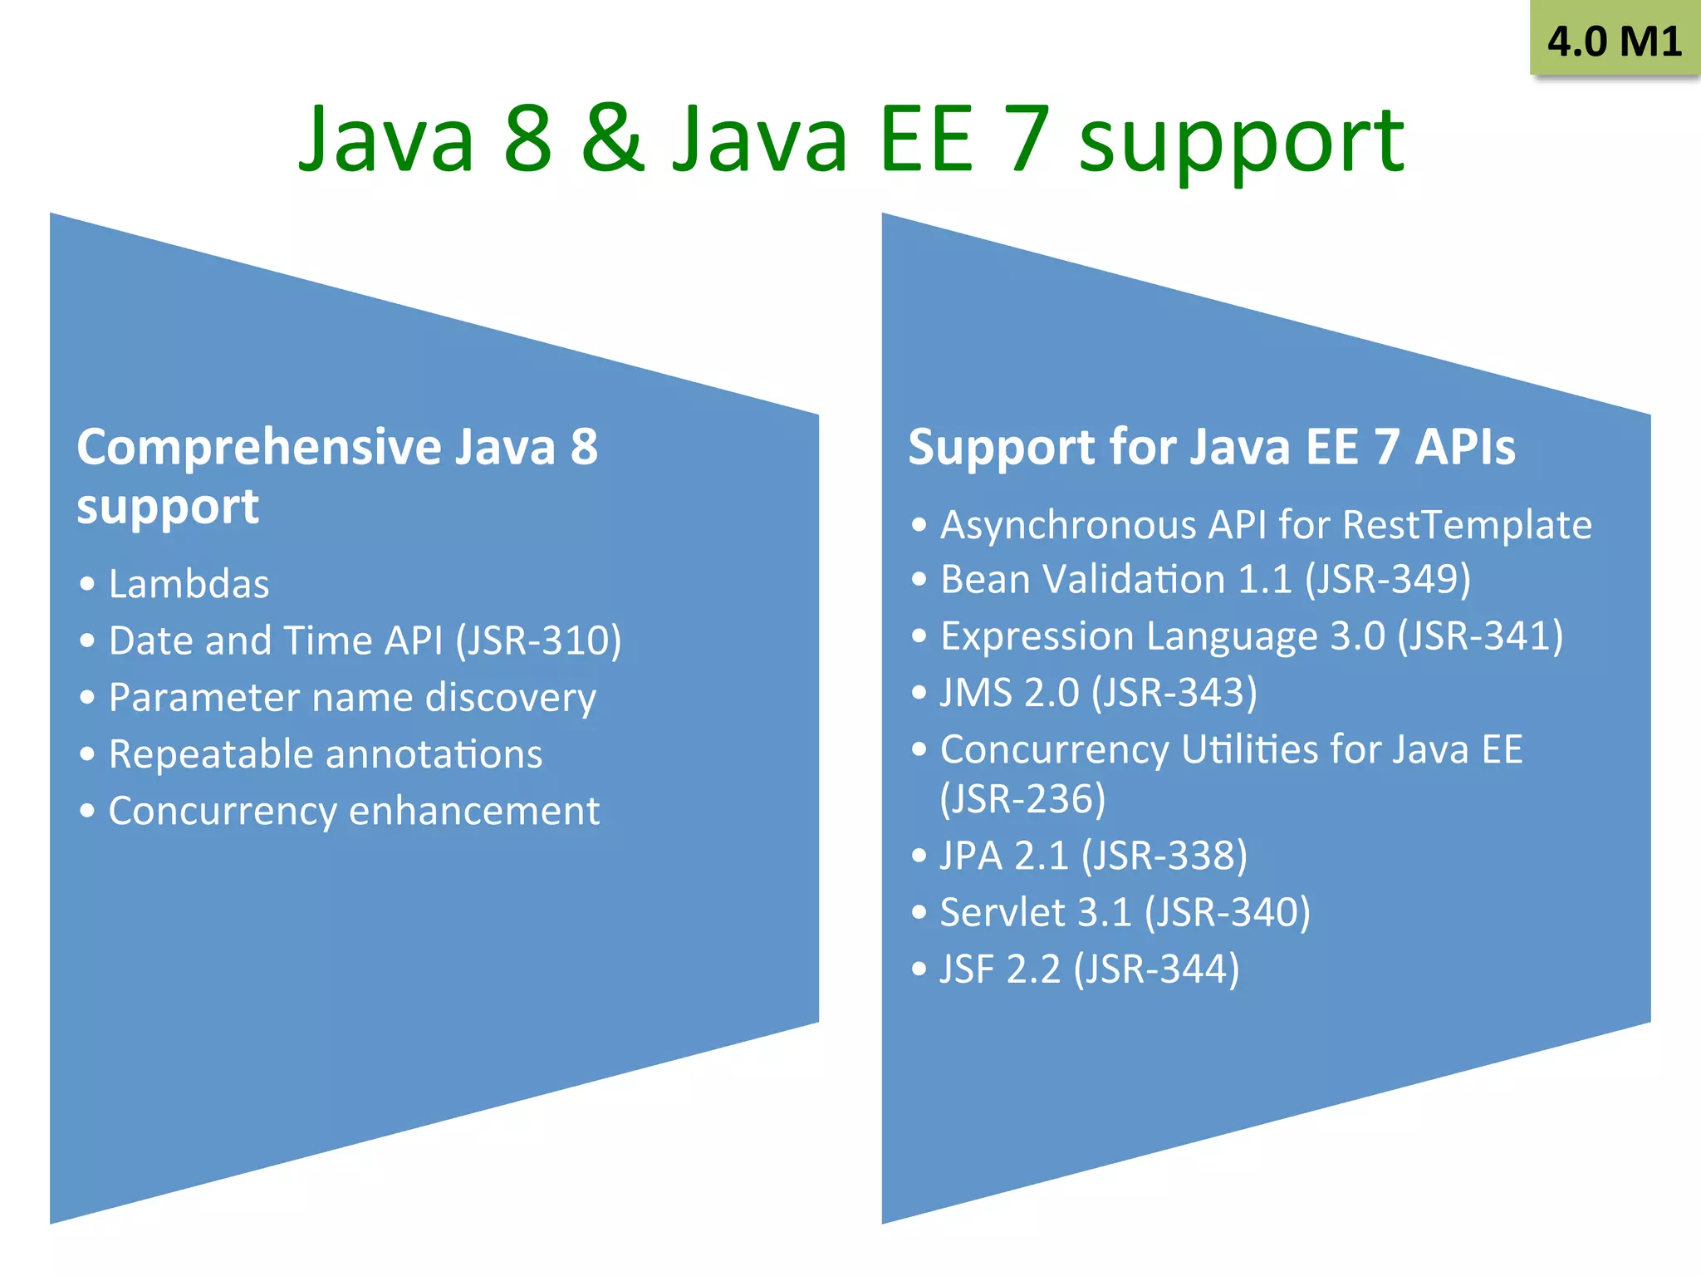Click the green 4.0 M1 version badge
click(x=1614, y=40)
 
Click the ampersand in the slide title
click(x=613, y=139)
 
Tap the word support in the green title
click(x=1241, y=143)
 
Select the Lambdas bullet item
click(x=189, y=584)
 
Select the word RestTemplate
click(x=1467, y=525)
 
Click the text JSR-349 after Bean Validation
click(x=1387, y=579)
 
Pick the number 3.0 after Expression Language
click(x=1357, y=636)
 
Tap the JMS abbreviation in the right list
click(x=976, y=693)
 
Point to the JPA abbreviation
click(x=971, y=856)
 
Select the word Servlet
click(x=1002, y=912)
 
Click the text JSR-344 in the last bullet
click(x=1156, y=969)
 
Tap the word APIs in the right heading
click(x=1465, y=447)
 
